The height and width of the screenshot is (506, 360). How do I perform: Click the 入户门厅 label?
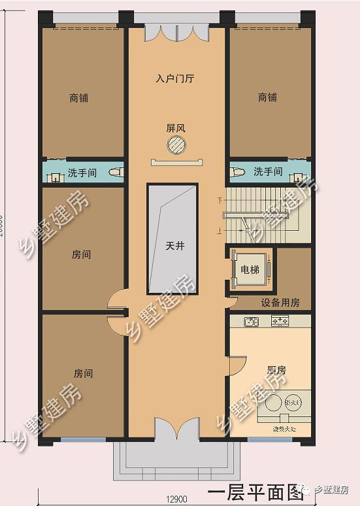pyautogui.click(x=175, y=78)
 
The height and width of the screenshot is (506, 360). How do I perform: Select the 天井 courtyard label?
pyautogui.click(x=174, y=246)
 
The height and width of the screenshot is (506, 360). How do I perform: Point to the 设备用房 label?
pyautogui.click(x=280, y=303)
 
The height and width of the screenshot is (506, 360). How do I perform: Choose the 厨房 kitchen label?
pyautogui.click(x=276, y=370)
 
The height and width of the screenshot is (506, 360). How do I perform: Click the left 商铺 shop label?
pyautogui.click(x=78, y=98)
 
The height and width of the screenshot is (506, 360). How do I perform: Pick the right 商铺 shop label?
pyautogui.click(x=267, y=97)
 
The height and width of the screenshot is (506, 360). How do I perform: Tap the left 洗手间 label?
pyautogui.click(x=82, y=173)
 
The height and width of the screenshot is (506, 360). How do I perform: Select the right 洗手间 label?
pyautogui.click(x=268, y=172)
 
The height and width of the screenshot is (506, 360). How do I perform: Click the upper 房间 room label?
pyautogui.click(x=82, y=255)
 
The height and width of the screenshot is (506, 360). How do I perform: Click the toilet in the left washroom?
pyautogui.click(x=116, y=173)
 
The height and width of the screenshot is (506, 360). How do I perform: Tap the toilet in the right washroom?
pyautogui.click(x=238, y=172)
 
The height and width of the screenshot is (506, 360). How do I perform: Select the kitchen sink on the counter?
pyautogui.click(x=250, y=322)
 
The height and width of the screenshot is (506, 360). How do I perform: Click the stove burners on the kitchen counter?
pyautogui.click(x=280, y=321)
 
